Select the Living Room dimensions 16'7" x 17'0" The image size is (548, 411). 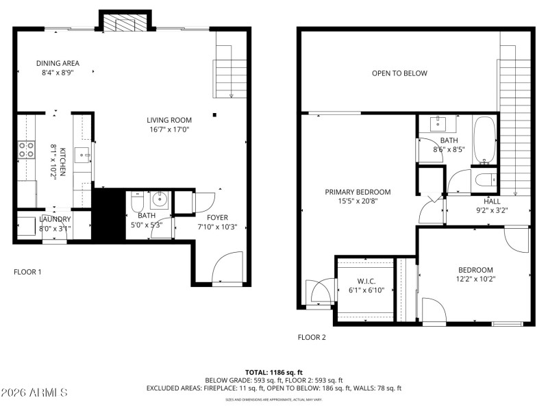(x=169, y=129)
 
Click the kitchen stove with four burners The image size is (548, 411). (x=26, y=149)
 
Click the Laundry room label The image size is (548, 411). (x=55, y=219)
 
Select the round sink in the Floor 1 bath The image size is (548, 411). (x=158, y=200)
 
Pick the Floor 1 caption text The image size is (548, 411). (x=27, y=272)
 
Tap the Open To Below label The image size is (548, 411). (x=399, y=73)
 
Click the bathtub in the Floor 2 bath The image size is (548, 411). (x=484, y=142)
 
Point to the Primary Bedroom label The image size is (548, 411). (x=358, y=192)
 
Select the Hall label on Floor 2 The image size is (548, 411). (x=492, y=201)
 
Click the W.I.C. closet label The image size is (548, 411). (x=366, y=280)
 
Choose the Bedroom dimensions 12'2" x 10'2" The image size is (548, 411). (x=475, y=279)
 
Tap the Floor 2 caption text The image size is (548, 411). (x=312, y=337)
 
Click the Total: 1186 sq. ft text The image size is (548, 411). (x=274, y=372)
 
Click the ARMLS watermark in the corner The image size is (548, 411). (x=34, y=393)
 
